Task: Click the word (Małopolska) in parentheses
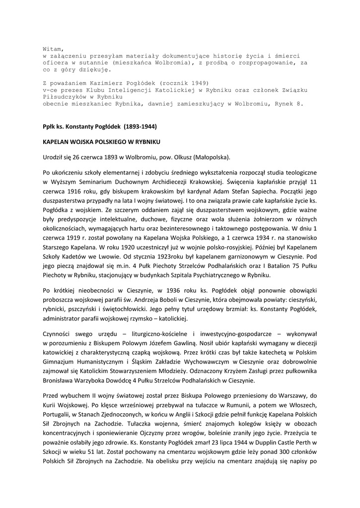213,158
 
